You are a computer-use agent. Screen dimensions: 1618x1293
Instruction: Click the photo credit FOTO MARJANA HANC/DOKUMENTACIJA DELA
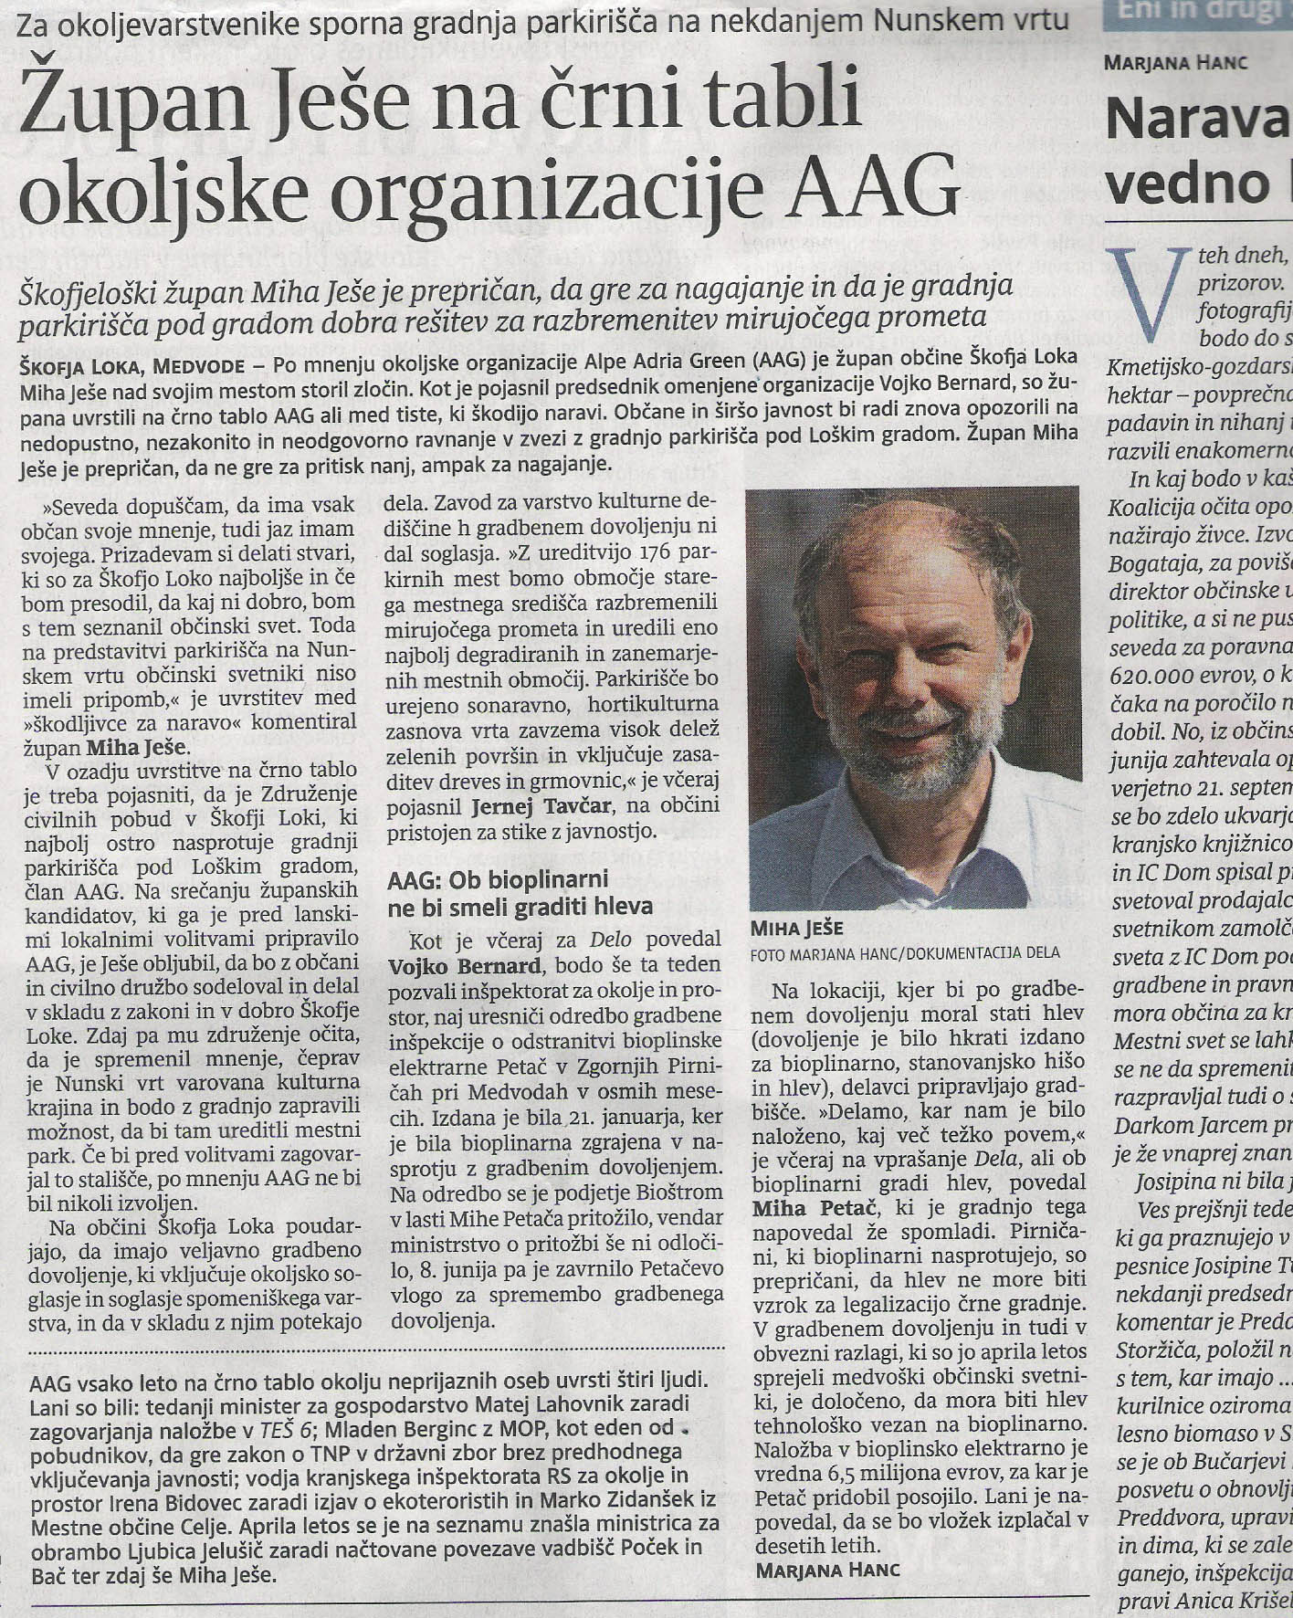904,952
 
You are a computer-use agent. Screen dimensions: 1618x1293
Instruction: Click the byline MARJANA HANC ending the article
827,1570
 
